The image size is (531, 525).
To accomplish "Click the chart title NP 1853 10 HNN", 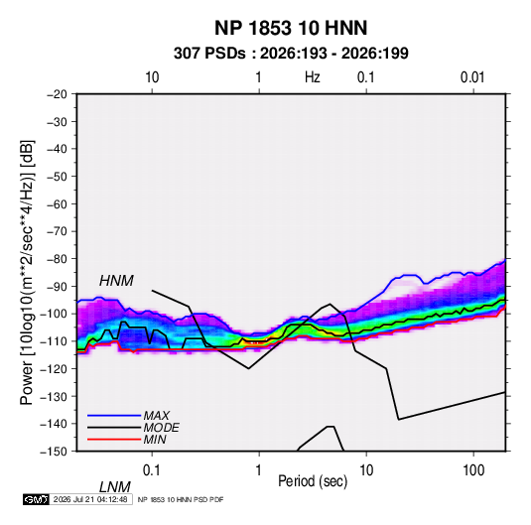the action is pyautogui.click(x=291, y=28).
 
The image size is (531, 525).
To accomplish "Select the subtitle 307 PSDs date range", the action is pyautogui.click(x=291, y=54).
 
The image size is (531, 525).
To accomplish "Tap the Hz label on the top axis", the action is pyautogui.click(x=313, y=77).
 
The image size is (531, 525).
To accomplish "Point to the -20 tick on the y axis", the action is pyautogui.click(x=57, y=94).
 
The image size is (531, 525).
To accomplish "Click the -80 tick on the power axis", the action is pyautogui.click(x=57, y=259).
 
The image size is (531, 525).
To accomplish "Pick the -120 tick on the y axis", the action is pyautogui.click(x=55, y=368).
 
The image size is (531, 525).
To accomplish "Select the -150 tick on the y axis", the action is pyautogui.click(x=55, y=452).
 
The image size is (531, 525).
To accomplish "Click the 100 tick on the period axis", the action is pyautogui.click(x=473, y=470).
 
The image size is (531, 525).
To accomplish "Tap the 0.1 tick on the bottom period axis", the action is pyautogui.click(x=152, y=470).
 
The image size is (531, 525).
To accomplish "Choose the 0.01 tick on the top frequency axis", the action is pyautogui.click(x=472, y=77).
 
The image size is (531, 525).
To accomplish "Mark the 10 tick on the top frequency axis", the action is pyautogui.click(x=152, y=77).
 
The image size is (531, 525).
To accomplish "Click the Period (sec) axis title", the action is pyautogui.click(x=313, y=481).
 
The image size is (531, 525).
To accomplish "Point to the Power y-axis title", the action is pyautogui.click(x=27, y=273).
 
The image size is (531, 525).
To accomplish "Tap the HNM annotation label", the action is pyautogui.click(x=116, y=281).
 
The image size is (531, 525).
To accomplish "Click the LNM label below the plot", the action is pyautogui.click(x=115, y=487).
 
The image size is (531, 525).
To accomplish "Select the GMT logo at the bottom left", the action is pyautogui.click(x=37, y=499).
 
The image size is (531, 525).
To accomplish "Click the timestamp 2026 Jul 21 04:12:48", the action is pyautogui.click(x=90, y=499).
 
